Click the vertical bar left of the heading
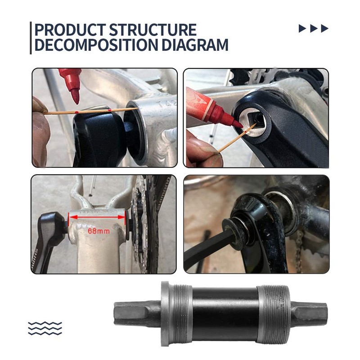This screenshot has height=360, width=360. point(31,38)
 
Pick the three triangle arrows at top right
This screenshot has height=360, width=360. point(314,29)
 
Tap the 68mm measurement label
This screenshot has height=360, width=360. point(99,231)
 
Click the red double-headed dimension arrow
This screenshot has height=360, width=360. point(96,216)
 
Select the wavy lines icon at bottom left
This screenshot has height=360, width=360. point(45,328)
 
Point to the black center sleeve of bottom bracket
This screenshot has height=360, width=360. point(225,314)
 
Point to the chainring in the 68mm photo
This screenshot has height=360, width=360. point(143,225)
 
